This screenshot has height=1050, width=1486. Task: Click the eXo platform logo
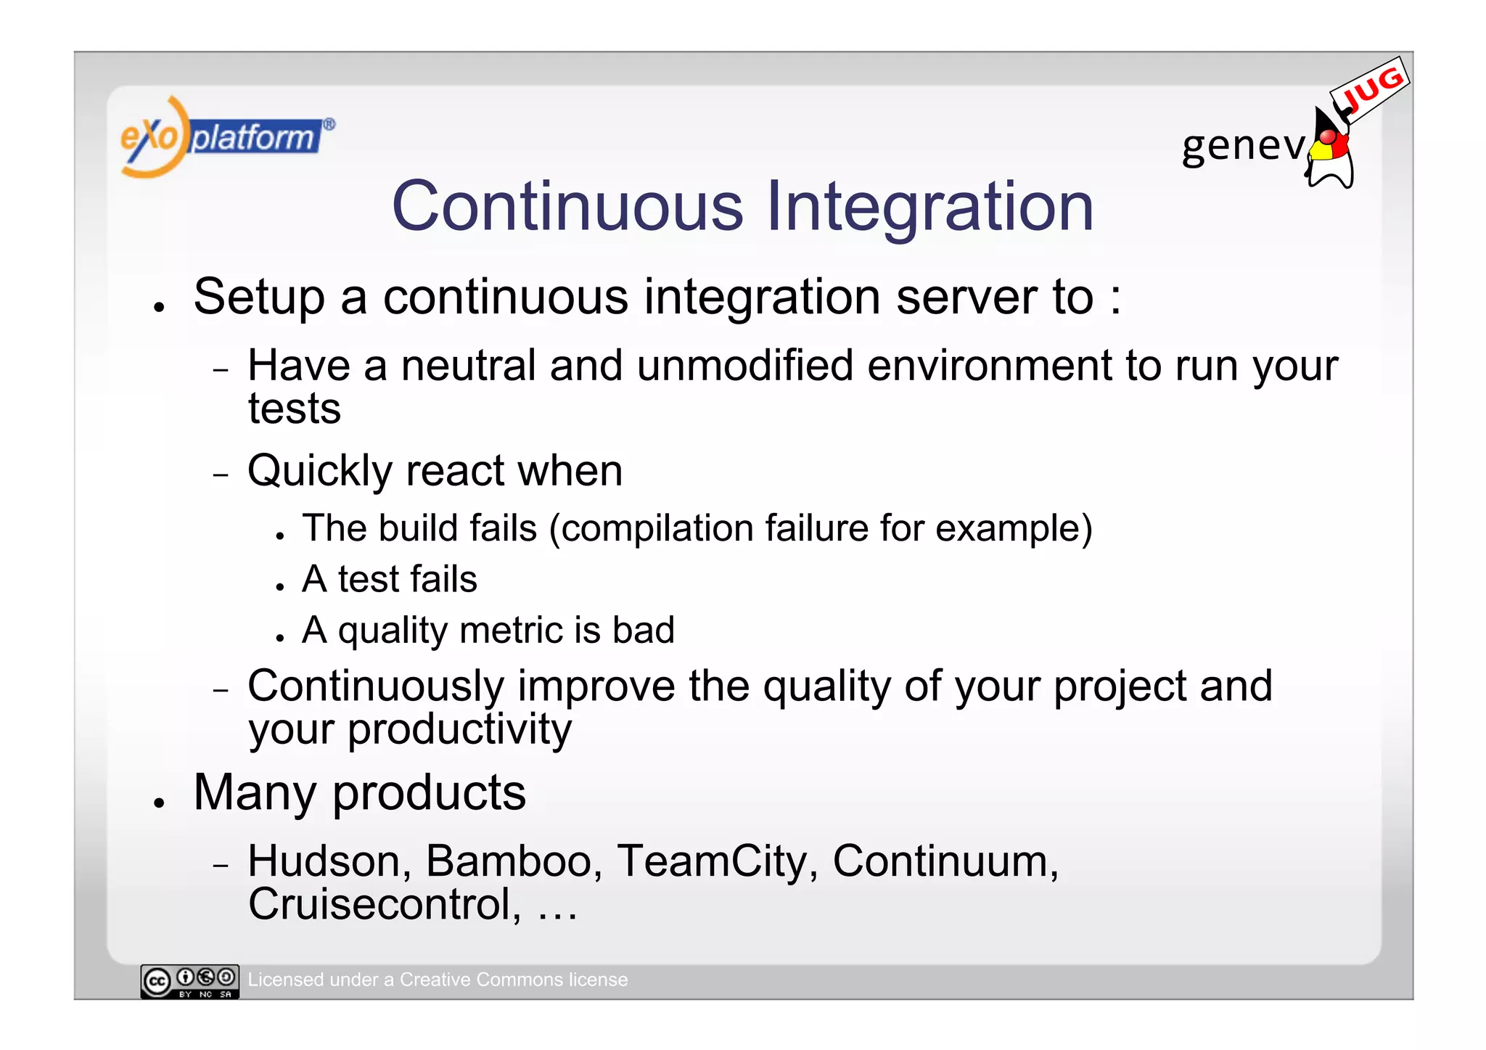[x=225, y=136]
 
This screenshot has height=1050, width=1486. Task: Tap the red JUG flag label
[x=1371, y=90]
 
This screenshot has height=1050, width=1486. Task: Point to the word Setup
[x=259, y=297]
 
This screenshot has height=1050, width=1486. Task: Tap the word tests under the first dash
[x=294, y=409]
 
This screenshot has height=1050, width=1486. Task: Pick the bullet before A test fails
[x=280, y=586]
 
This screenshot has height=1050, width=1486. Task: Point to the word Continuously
[x=376, y=686]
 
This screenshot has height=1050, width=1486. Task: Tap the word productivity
[x=459, y=729]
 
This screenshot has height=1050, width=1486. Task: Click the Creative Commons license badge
[x=190, y=981]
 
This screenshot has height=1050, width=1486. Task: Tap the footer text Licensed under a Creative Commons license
[x=438, y=980]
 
